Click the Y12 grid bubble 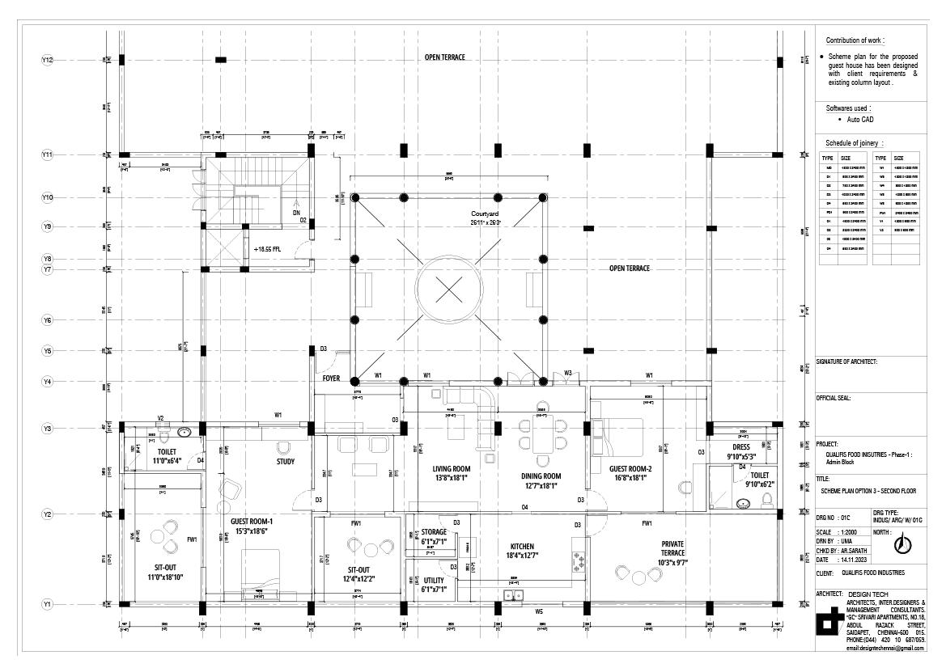click(x=48, y=60)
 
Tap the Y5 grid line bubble click(x=48, y=351)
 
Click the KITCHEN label click(x=524, y=546)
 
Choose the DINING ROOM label click(x=541, y=476)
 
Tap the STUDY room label click(x=285, y=462)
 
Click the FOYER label click(x=332, y=378)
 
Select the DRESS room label click(x=740, y=446)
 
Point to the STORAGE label click(x=434, y=532)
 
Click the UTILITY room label click(x=434, y=580)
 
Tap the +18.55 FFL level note click(x=266, y=249)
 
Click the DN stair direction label click(x=296, y=212)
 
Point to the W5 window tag click(x=539, y=612)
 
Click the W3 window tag click(x=568, y=374)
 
